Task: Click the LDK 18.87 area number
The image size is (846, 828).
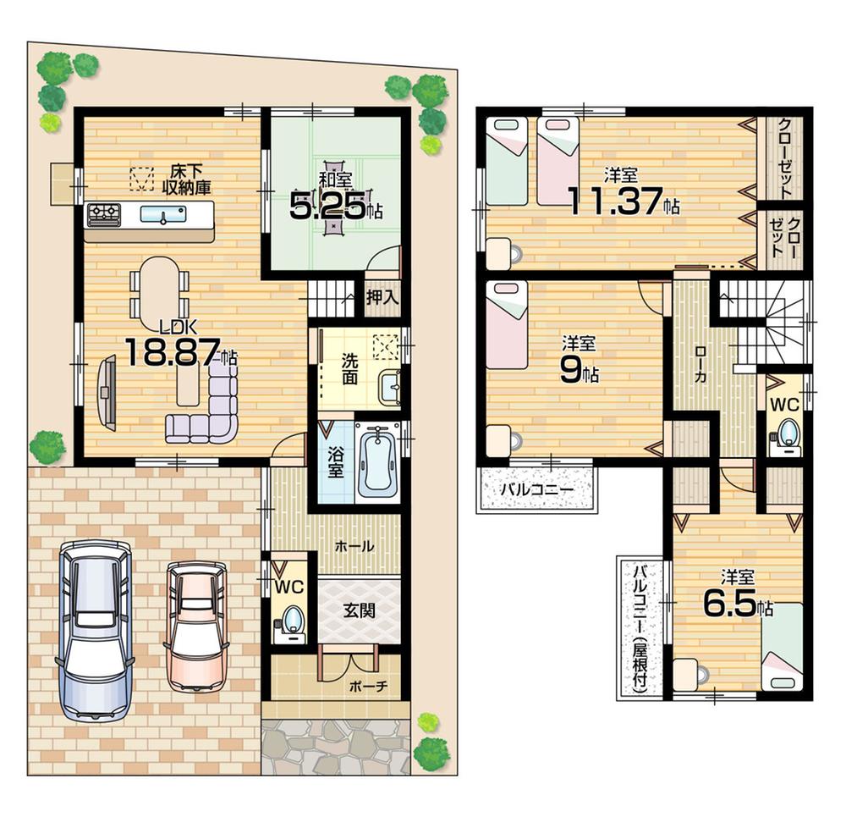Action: [x=173, y=353]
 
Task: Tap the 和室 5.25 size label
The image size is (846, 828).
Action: [x=328, y=206]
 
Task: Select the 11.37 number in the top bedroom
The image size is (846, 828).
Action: [x=615, y=202]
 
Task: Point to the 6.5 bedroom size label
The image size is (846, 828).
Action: [x=730, y=604]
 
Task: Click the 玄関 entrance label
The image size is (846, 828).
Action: [x=359, y=609]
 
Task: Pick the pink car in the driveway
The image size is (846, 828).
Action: [x=196, y=625]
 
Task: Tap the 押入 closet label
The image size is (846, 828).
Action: [x=382, y=297]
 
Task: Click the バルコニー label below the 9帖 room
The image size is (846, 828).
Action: [x=536, y=489]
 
